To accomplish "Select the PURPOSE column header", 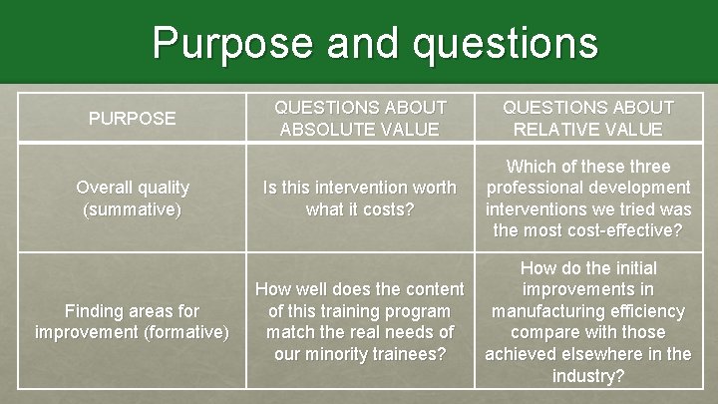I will pyautogui.click(x=133, y=118).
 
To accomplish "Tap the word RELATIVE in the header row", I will pyautogui.click(x=552, y=129).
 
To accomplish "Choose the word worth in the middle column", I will pyautogui.click(x=431, y=187).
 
